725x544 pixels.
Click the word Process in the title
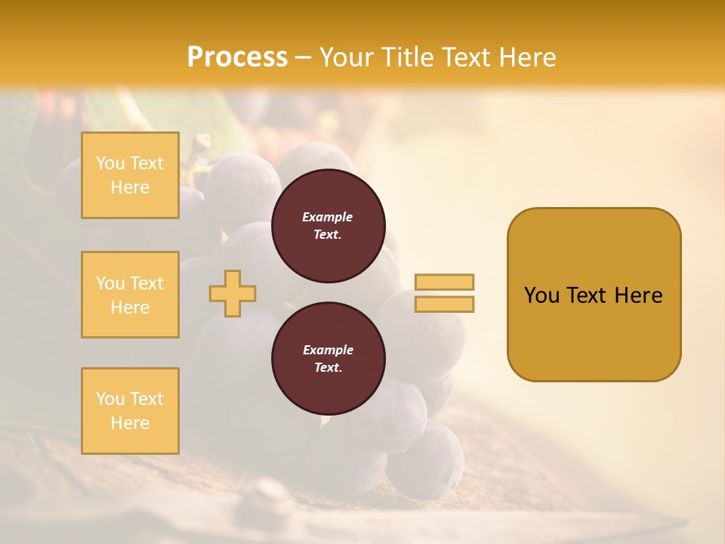tap(237, 57)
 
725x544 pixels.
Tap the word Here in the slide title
tap(528, 57)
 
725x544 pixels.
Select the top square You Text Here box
tap(130, 175)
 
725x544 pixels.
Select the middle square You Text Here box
tap(130, 295)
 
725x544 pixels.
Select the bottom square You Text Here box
tap(130, 410)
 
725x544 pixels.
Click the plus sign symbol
tap(233, 293)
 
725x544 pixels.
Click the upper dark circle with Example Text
tap(328, 225)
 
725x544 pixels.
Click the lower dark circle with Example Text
tap(328, 358)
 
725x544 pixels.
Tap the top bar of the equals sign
tap(444, 282)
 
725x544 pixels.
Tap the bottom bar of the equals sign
tap(444, 304)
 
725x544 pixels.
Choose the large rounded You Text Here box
tap(594, 295)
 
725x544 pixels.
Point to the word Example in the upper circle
tap(328, 217)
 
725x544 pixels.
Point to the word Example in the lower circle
tap(328, 350)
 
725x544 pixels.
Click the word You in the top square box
tap(110, 163)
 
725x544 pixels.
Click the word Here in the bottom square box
tap(130, 423)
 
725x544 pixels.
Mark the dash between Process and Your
tap(303, 57)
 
